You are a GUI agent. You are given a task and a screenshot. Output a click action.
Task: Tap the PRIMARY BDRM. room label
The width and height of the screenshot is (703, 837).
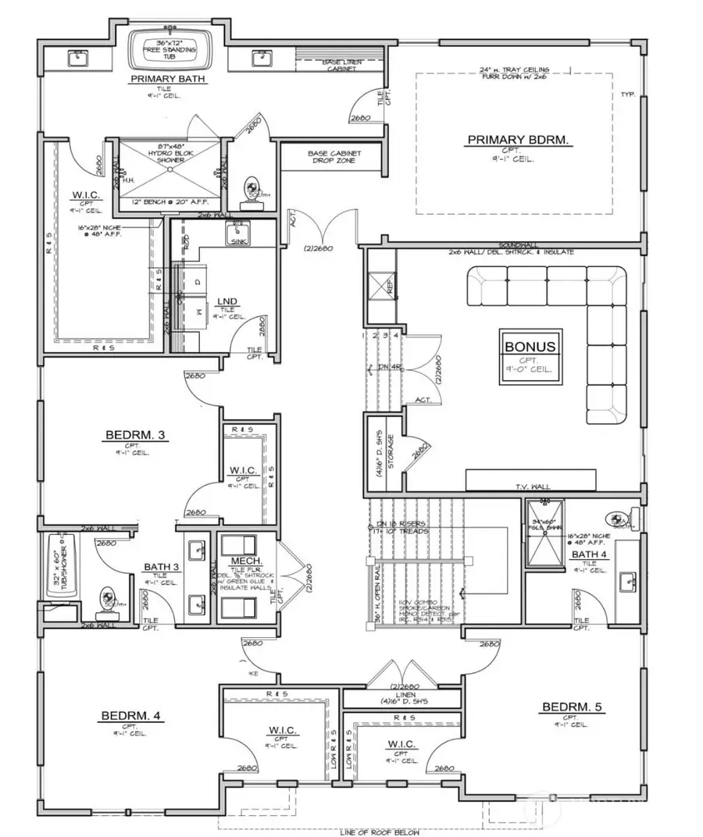(x=519, y=141)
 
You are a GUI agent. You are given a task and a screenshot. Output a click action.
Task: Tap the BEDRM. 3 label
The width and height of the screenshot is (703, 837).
(x=134, y=435)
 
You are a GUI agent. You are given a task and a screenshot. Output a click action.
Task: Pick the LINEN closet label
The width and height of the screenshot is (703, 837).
(x=405, y=693)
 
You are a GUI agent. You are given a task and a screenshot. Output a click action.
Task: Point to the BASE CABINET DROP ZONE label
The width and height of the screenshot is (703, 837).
(x=331, y=156)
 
